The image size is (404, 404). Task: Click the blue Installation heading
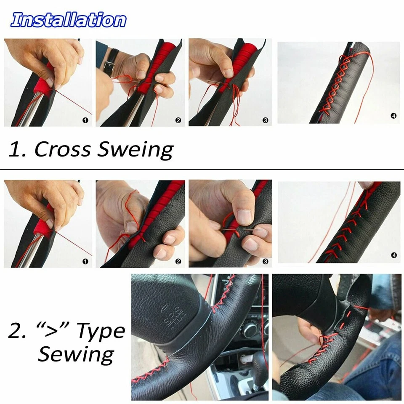(68, 20)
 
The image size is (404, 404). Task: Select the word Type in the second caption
(99, 332)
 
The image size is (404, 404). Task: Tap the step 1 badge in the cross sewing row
(86, 120)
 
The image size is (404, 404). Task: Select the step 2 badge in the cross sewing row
(178, 120)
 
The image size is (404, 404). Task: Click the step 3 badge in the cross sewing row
(265, 120)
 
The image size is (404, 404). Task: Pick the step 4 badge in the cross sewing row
(393, 116)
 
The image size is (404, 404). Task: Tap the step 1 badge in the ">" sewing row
(86, 261)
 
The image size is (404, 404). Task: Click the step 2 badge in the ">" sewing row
(178, 261)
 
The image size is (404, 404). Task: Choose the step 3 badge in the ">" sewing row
(265, 261)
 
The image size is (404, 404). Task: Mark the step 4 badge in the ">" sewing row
(393, 255)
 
